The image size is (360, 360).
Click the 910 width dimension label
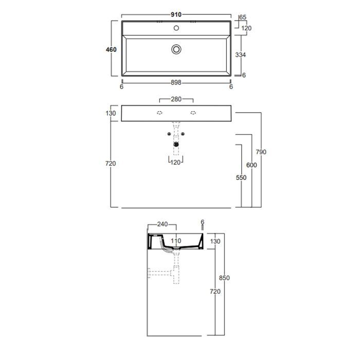pos(176,14)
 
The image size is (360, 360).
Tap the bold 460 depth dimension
pos(111,49)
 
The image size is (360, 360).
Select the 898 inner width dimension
pos(176,82)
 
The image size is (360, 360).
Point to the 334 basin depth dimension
pos(240,55)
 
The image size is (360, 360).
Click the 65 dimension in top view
pos(243,17)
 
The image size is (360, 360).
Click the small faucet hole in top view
pos(176,28)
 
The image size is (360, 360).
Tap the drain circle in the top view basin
pos(176,49)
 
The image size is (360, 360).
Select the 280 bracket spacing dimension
pos(176,99)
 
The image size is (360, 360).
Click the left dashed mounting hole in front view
pos(159,113)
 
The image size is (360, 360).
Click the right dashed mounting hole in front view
pos(193,113)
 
